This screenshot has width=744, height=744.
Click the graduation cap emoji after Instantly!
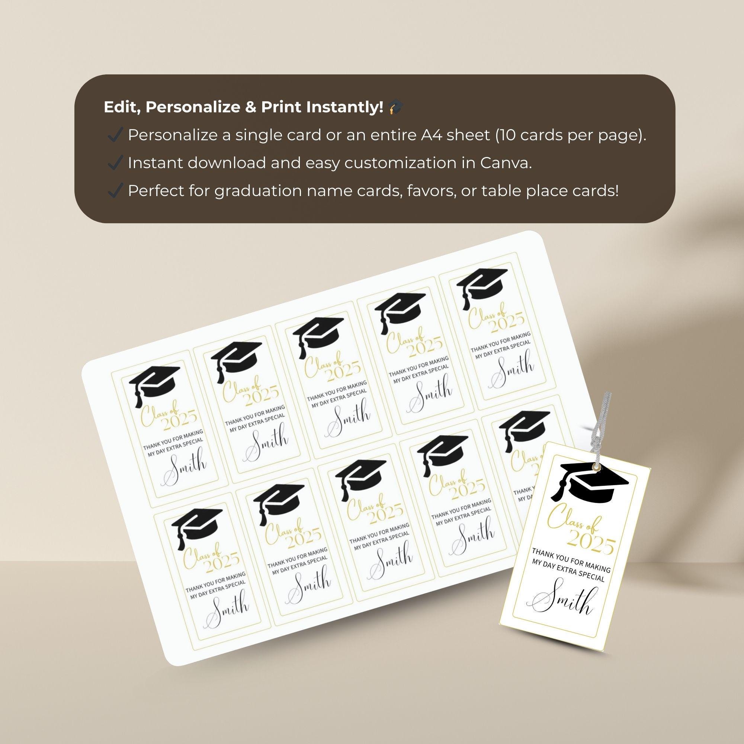click(x=395, y=108)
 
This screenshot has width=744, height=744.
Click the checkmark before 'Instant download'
click(x=114, y=163)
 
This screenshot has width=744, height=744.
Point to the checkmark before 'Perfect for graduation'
click(x=114, y=191)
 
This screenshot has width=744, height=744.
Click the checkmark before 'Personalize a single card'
click(x=114, y=135)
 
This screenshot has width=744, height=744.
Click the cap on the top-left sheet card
click(x=154, y=385)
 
